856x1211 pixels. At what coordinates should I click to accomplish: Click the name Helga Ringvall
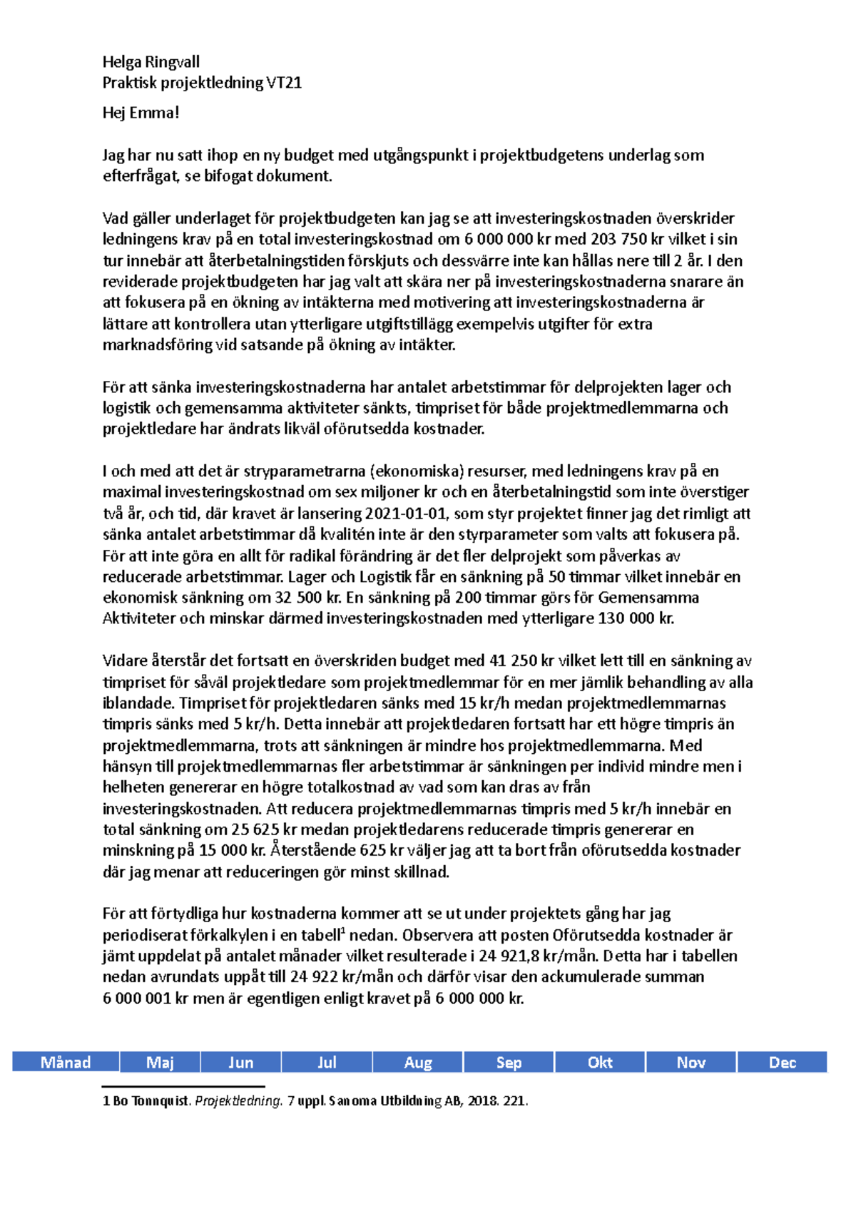(151, 62)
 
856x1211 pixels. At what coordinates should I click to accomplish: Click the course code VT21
(284, 83)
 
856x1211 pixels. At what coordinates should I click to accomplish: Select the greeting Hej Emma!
(141, 113)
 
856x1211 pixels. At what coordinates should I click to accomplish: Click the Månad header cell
(66, 1062)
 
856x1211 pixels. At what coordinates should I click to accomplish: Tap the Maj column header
(160, 1062)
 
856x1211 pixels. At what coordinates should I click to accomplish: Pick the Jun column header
(240, 1062)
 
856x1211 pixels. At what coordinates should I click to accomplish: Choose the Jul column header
(327, 1062)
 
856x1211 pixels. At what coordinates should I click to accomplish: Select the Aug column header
(418, 1062)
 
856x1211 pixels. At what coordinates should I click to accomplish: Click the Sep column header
(509, 1062)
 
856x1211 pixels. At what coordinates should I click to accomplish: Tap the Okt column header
(600, 1062)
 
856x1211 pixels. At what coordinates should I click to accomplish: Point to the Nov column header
(691, 1062)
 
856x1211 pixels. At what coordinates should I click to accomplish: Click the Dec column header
(782, 1062)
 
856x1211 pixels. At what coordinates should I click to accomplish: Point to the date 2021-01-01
(404, 513)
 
